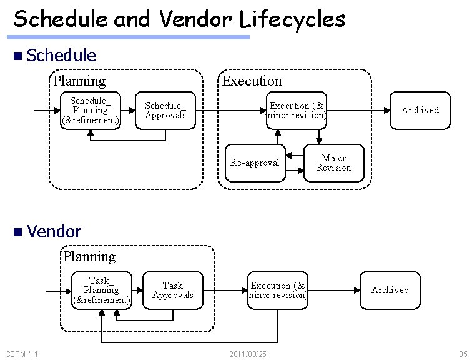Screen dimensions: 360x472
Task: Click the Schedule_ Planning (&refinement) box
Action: coord(91,111)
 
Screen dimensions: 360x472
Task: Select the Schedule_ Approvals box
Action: coord(165,111)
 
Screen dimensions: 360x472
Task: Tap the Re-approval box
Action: coord(255,163)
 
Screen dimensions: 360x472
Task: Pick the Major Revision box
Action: coord(333,163)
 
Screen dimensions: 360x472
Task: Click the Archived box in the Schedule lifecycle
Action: coord(420,111)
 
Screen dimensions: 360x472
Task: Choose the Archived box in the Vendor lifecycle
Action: coord(390,291)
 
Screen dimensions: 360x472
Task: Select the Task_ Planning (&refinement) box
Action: coord(101,291)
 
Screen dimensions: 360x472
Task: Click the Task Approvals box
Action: coord(173,291)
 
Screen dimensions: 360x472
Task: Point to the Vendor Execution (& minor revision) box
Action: coord(277,291)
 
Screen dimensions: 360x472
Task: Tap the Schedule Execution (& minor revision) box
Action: coord(297,111)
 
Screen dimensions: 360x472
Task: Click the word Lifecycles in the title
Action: coord(293,19)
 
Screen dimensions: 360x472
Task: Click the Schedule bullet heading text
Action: coord(61,55)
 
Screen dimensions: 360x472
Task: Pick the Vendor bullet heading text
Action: coord(54,232)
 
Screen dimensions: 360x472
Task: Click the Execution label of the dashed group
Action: coord(252,81)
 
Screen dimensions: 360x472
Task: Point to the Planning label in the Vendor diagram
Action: coord(89,257)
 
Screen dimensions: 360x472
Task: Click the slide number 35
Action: coord(463,354)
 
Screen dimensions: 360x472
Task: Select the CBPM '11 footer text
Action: coord(21,354)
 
